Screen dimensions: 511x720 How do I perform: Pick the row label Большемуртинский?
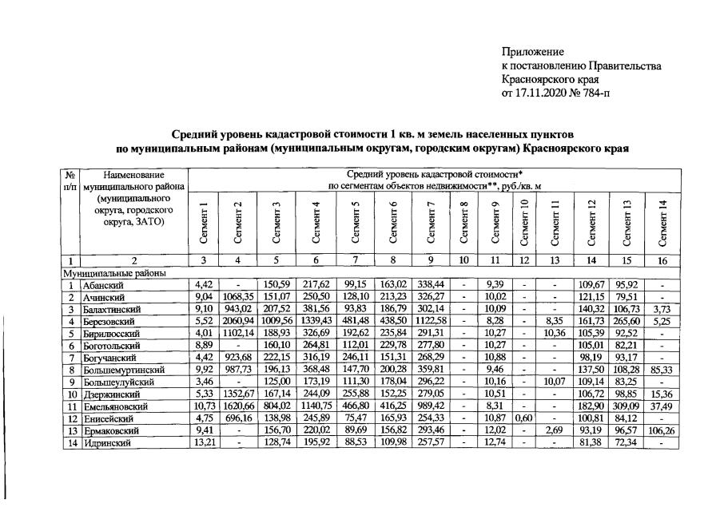click(123, 370)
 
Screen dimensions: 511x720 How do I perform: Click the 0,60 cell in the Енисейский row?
click(523, 420)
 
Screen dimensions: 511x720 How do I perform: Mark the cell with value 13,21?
click(204, 445)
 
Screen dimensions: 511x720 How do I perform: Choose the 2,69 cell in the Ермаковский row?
click(555, 432)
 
